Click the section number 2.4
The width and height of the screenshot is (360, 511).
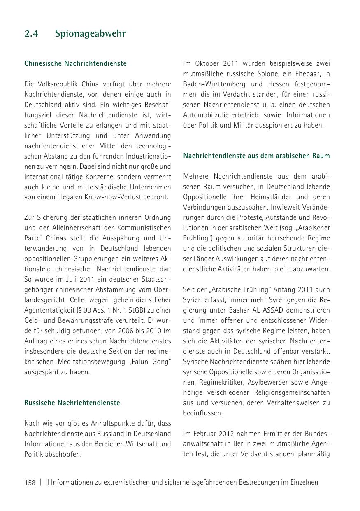click(x=31, y=34)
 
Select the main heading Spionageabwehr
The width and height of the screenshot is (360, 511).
click(x=90, y=34)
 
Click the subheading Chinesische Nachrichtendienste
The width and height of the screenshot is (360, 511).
click(x=75, y=64)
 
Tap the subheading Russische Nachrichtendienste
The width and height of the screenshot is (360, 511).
click(x=72, y=403)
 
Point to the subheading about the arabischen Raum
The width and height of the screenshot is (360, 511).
click(x=256, y=156)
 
